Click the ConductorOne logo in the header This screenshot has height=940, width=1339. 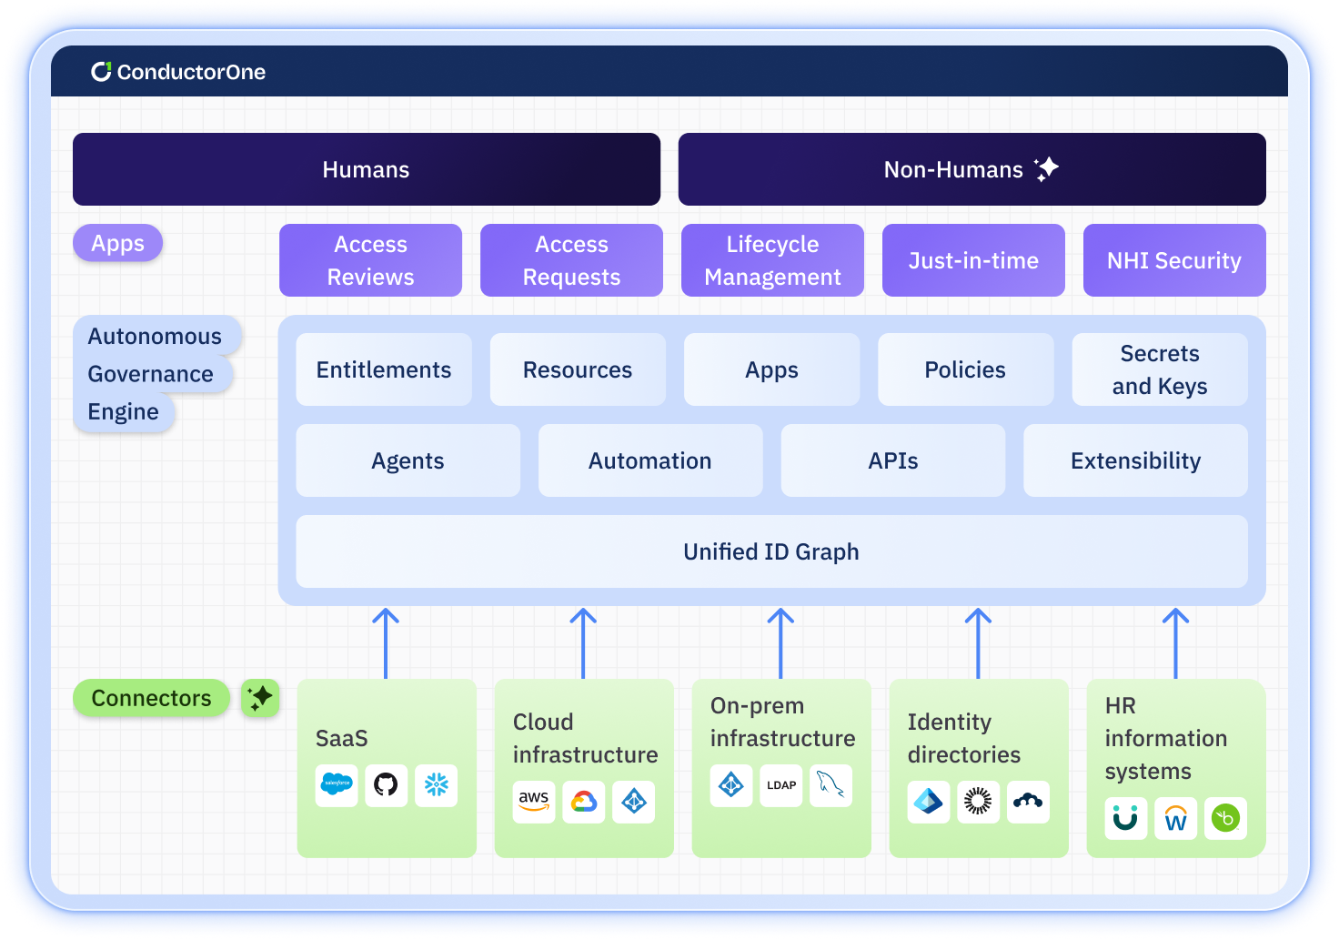178,72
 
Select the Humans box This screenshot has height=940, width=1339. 367,169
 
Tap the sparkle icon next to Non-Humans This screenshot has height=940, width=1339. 1047,168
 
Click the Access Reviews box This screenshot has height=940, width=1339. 370,260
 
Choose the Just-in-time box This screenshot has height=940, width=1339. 973,260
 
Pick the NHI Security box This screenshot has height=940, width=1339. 1173,260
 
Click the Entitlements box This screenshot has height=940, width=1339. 384,369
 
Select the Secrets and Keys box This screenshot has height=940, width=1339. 1159,369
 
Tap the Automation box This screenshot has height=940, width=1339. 650,460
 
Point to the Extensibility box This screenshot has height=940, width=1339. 1135,460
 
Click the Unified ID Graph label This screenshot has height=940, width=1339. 771,551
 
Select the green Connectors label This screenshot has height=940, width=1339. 151,698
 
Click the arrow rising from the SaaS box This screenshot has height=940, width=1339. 386,642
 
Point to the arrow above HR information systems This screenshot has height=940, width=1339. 1175,642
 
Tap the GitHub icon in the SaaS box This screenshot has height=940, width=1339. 386,784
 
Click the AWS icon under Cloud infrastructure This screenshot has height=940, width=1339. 534,801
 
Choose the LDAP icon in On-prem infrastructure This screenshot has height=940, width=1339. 781,784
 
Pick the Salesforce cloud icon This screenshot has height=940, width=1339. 337,784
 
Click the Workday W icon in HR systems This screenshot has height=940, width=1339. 1175,819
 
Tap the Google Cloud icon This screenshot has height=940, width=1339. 584,801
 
